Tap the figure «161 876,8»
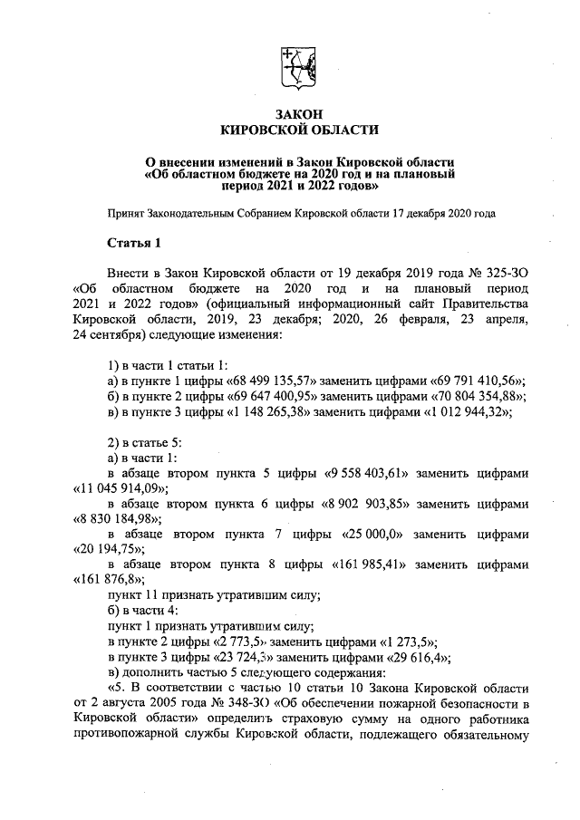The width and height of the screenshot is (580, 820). pyautogui.click(x=108, y=580)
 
